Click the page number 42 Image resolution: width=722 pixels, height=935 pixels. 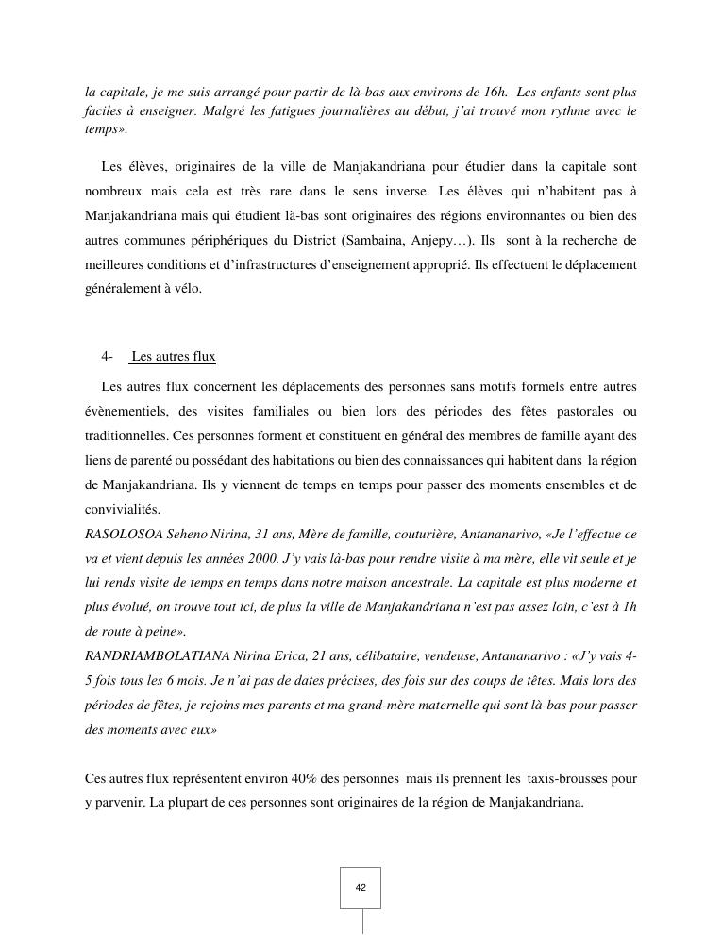pyautogui.click(x=361, y=888)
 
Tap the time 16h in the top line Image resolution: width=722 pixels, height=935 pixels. pyautogui.click(x=495, y=93)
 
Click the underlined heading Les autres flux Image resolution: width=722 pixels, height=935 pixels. pyautogui.click(x=174, y=357)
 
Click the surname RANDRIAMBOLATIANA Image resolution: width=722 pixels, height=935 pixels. pyautogui.click(x=152, y=655)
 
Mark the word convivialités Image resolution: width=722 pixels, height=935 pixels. pyautogui.click(x=123, y=510)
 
